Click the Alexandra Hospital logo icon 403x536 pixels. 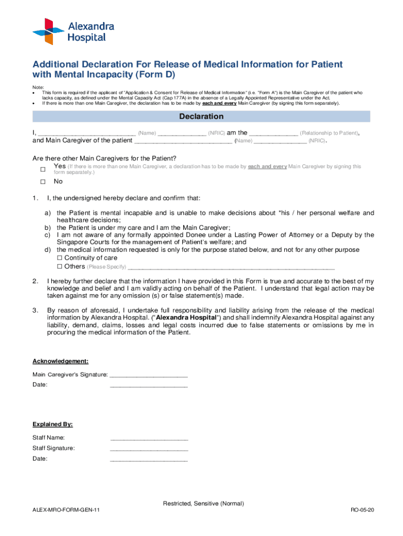click(48, 31)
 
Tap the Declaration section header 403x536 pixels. click(201, 116)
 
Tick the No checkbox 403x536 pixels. click(43, 182)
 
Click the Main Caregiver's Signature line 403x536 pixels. click(149, 375)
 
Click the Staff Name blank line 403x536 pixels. click(149, 438)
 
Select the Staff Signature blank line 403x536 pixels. click(149, 449)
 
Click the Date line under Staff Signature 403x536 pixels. click(149, 459)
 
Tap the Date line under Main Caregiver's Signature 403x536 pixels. click(149, 385)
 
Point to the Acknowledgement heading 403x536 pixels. click(60, 361)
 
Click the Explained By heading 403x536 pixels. click(52, 424)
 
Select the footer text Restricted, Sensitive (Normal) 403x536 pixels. click(203, 504)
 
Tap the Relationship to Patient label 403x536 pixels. click(329, 133)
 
